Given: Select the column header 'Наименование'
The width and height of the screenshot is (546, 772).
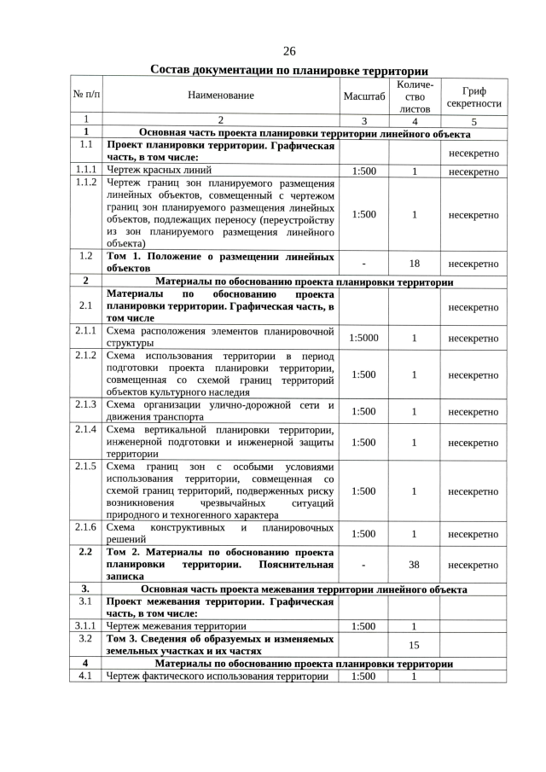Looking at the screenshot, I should point(222,96).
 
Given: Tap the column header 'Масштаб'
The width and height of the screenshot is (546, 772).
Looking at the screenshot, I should point(364,96).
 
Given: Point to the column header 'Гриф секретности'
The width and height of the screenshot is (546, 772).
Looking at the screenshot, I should point(473,96).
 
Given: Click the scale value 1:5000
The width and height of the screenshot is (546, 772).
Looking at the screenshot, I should point(364,338).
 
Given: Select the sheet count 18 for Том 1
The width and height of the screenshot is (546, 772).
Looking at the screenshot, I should point(414,264).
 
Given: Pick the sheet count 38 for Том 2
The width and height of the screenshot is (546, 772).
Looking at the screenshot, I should point(414,565).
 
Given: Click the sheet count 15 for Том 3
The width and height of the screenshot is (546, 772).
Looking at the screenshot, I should point(414,646).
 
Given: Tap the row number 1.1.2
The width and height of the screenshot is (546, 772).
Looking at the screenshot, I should point(86,183).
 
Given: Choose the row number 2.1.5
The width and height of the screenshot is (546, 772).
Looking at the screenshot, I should point(86,467).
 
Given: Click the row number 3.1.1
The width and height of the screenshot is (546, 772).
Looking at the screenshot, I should point(86,625).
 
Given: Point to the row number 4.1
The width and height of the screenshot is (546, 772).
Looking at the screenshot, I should point(86,676).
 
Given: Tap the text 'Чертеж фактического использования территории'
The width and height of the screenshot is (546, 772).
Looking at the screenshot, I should point(217,676).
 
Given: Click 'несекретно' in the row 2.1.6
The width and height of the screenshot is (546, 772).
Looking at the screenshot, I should point(473,535).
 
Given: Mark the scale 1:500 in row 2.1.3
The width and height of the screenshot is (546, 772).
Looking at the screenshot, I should point(364,411).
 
